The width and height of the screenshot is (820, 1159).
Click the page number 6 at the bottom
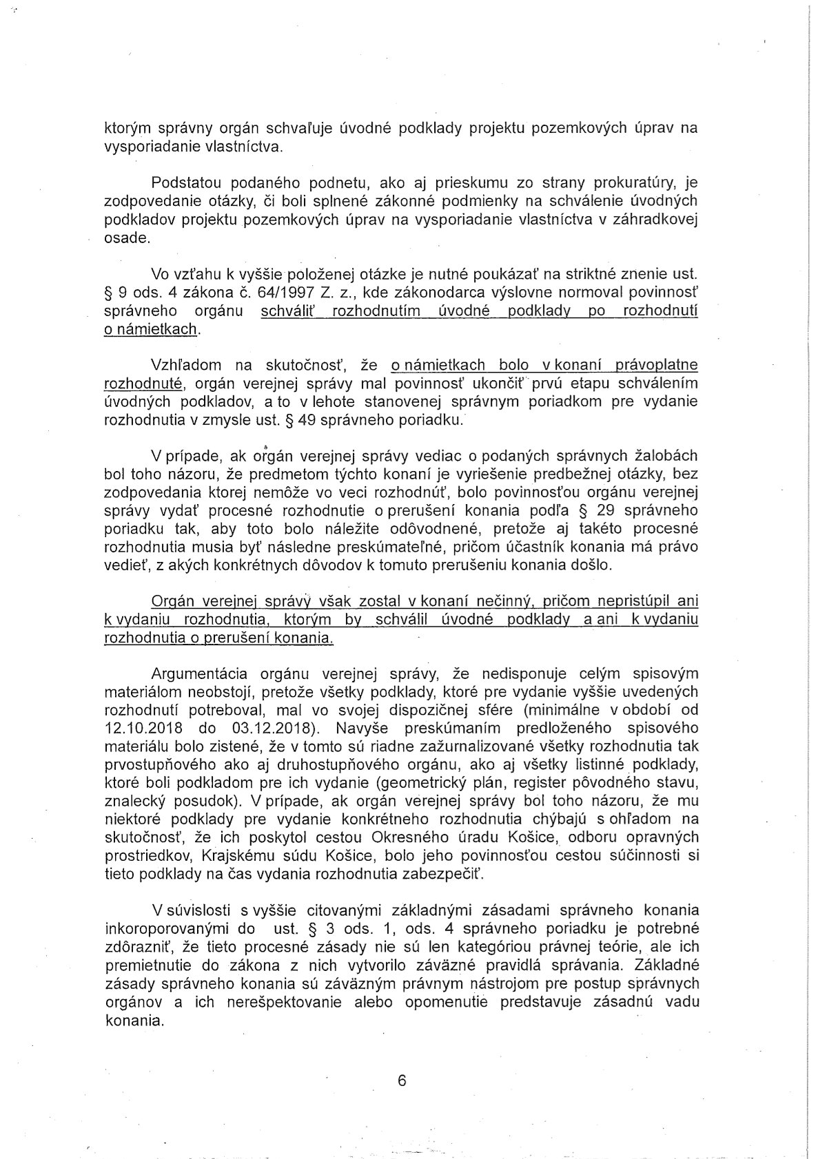coord(402,1080)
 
